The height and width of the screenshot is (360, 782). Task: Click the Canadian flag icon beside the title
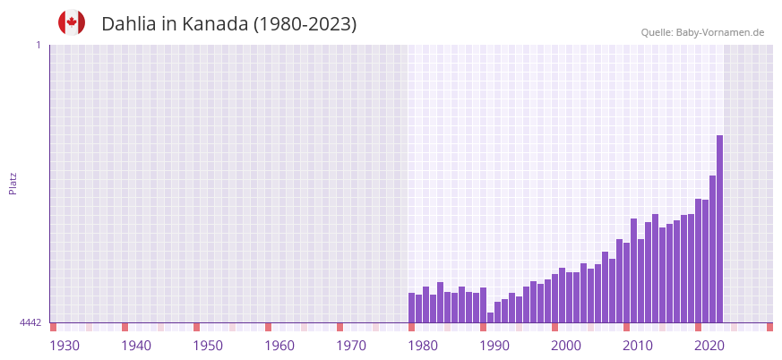click(72, 22)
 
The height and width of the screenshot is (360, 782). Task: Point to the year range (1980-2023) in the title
click(305, 24)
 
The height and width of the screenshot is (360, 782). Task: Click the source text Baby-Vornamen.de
click(720, 32)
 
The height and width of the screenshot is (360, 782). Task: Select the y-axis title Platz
click(13, 183)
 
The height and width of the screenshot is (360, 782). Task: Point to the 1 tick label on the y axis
click(38, 45)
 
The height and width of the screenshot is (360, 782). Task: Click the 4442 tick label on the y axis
click(30, 322)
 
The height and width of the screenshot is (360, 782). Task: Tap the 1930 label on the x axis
click(64, 346)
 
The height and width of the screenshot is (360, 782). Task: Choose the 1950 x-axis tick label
click(208, 346)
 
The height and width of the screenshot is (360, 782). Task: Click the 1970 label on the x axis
click(351, 346)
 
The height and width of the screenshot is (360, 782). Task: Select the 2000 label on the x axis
click(566, 346)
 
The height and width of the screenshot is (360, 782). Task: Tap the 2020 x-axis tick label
click(709, 346)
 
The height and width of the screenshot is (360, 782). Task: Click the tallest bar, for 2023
click(719, 228)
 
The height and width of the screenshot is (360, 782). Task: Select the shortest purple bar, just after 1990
click(490, 317)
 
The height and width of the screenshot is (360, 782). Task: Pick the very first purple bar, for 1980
click(412, 307)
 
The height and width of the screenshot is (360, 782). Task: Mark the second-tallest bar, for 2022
click(712, 249)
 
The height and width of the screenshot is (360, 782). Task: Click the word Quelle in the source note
click(657, 32)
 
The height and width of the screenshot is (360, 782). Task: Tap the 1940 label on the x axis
click(136, 346)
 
